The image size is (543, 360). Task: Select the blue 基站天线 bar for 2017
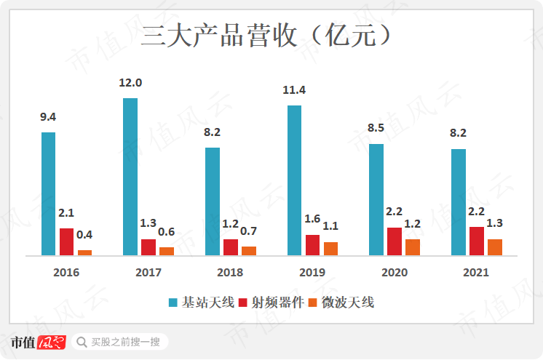coord(130,177)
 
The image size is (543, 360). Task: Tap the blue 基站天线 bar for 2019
coord(294,180)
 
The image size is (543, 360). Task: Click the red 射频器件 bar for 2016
coord(67,241)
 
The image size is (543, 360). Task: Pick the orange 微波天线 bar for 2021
coord(495,247)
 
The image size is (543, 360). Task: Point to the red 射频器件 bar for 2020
coord(395,241)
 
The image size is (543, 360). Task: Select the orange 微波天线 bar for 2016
coord(85,252)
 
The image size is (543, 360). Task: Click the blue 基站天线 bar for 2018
coord(213,201)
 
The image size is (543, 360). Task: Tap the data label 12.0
coord(130,83)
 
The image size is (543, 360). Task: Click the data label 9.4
coord(49,116)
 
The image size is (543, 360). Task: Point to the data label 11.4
coord(294,90)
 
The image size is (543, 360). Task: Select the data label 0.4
coord(85,235)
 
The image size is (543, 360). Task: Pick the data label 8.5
coord(376,128)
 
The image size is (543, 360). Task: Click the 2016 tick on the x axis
coord(66,273)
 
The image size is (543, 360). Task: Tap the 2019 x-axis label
coord(312,273)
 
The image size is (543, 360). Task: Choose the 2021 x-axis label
coord(476,273)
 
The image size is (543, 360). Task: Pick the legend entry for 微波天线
coord(342,303)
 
